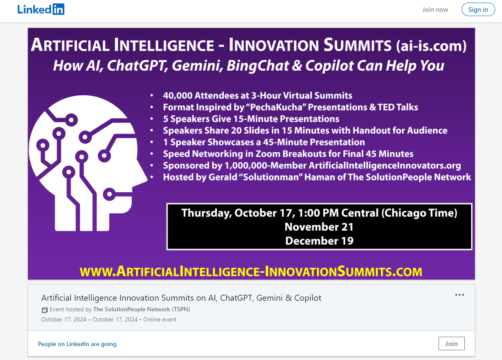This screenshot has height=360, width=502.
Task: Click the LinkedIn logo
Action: click(41, 9)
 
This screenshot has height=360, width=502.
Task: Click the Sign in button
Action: click(478, 10)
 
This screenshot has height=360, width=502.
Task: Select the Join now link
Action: click(435, 10)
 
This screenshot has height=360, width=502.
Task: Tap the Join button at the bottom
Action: click(451, 343)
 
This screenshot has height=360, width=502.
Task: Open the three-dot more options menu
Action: click(459, 295)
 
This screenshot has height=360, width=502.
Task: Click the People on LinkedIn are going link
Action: click(77, 344)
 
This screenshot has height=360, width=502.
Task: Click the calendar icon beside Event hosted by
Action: click(45, 310)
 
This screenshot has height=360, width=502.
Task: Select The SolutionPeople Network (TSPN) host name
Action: click(141, 310)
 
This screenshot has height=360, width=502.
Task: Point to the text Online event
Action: click(160, 319)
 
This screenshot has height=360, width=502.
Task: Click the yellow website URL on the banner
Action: click(251, 271)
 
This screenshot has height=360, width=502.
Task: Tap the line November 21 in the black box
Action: click(319, 227)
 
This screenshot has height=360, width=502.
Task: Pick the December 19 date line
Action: click(319, 241)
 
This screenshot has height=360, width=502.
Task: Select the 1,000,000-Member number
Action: click(266, 166)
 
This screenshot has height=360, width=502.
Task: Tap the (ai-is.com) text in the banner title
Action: click(431, 45)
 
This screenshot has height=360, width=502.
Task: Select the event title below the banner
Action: click(181, 298)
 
